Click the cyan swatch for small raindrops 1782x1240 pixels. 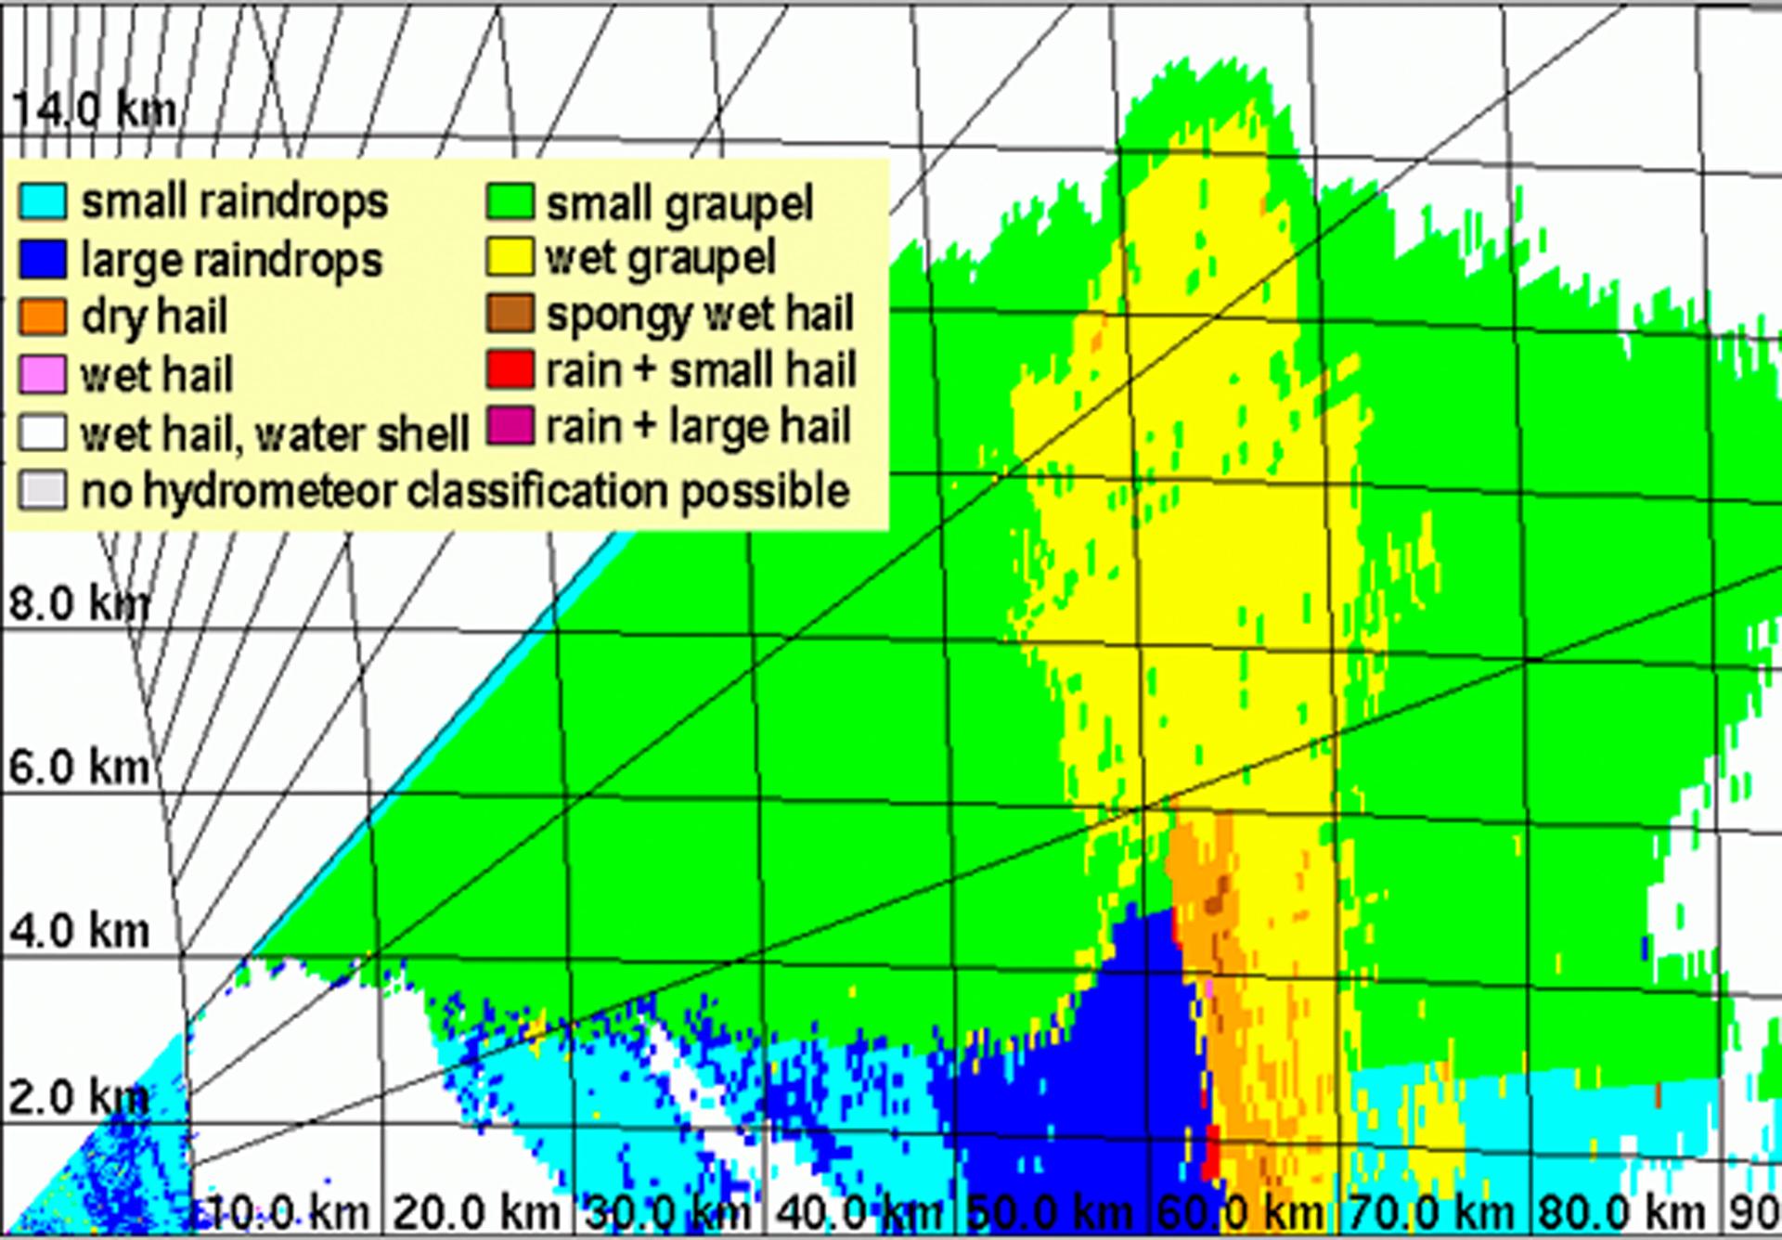pyautogui.click(x=43, y=201)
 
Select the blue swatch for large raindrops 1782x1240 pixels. pyautogui.click(x=43, y=260)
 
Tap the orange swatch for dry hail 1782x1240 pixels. pyautogui.click(x=43, y=317)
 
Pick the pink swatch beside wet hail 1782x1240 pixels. pyautogui.click(x=43, y=375)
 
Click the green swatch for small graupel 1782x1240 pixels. pyautogui.click(x=510, y=202)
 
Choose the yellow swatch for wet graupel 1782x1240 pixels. pyautogui.click(x=510, y=257)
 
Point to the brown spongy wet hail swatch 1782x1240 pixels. pyautogui.click(x=510, y=314)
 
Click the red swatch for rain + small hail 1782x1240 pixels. pyautogui.click(x=510, y=369)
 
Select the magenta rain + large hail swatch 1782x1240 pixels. pyautogui.click(x=510, y=426)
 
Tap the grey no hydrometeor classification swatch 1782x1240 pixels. pyautogui.click(x=43, y=491)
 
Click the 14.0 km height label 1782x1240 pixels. pyautogui.click(x=93, y=110)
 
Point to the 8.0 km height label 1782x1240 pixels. pyautogui.click(x=79, y=604)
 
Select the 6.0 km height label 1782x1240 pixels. pyautogui.click(x=79, y=768)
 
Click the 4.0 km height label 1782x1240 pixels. pyautogui.click(x=79, y=931)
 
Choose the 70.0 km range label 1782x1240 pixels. pyautogui.click(x=1431, y=1212)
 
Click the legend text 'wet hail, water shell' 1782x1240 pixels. pyautogui.click(x=275, y=434)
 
